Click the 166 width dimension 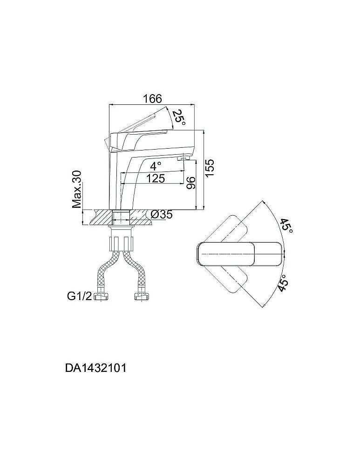pyautogui.click(x=153, y=99)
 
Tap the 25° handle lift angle pyautogui.click(x=179, y=117)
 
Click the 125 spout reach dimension pyautogui.click(x=156, y=178)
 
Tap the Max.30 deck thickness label pyautogui.click(x=77, y=189)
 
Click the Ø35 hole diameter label pyautogui.click(x=162, y=214)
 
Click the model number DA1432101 pyautogui.click(x=96, y=368)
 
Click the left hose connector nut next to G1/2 pyautogui.click(x=101, y=296)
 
